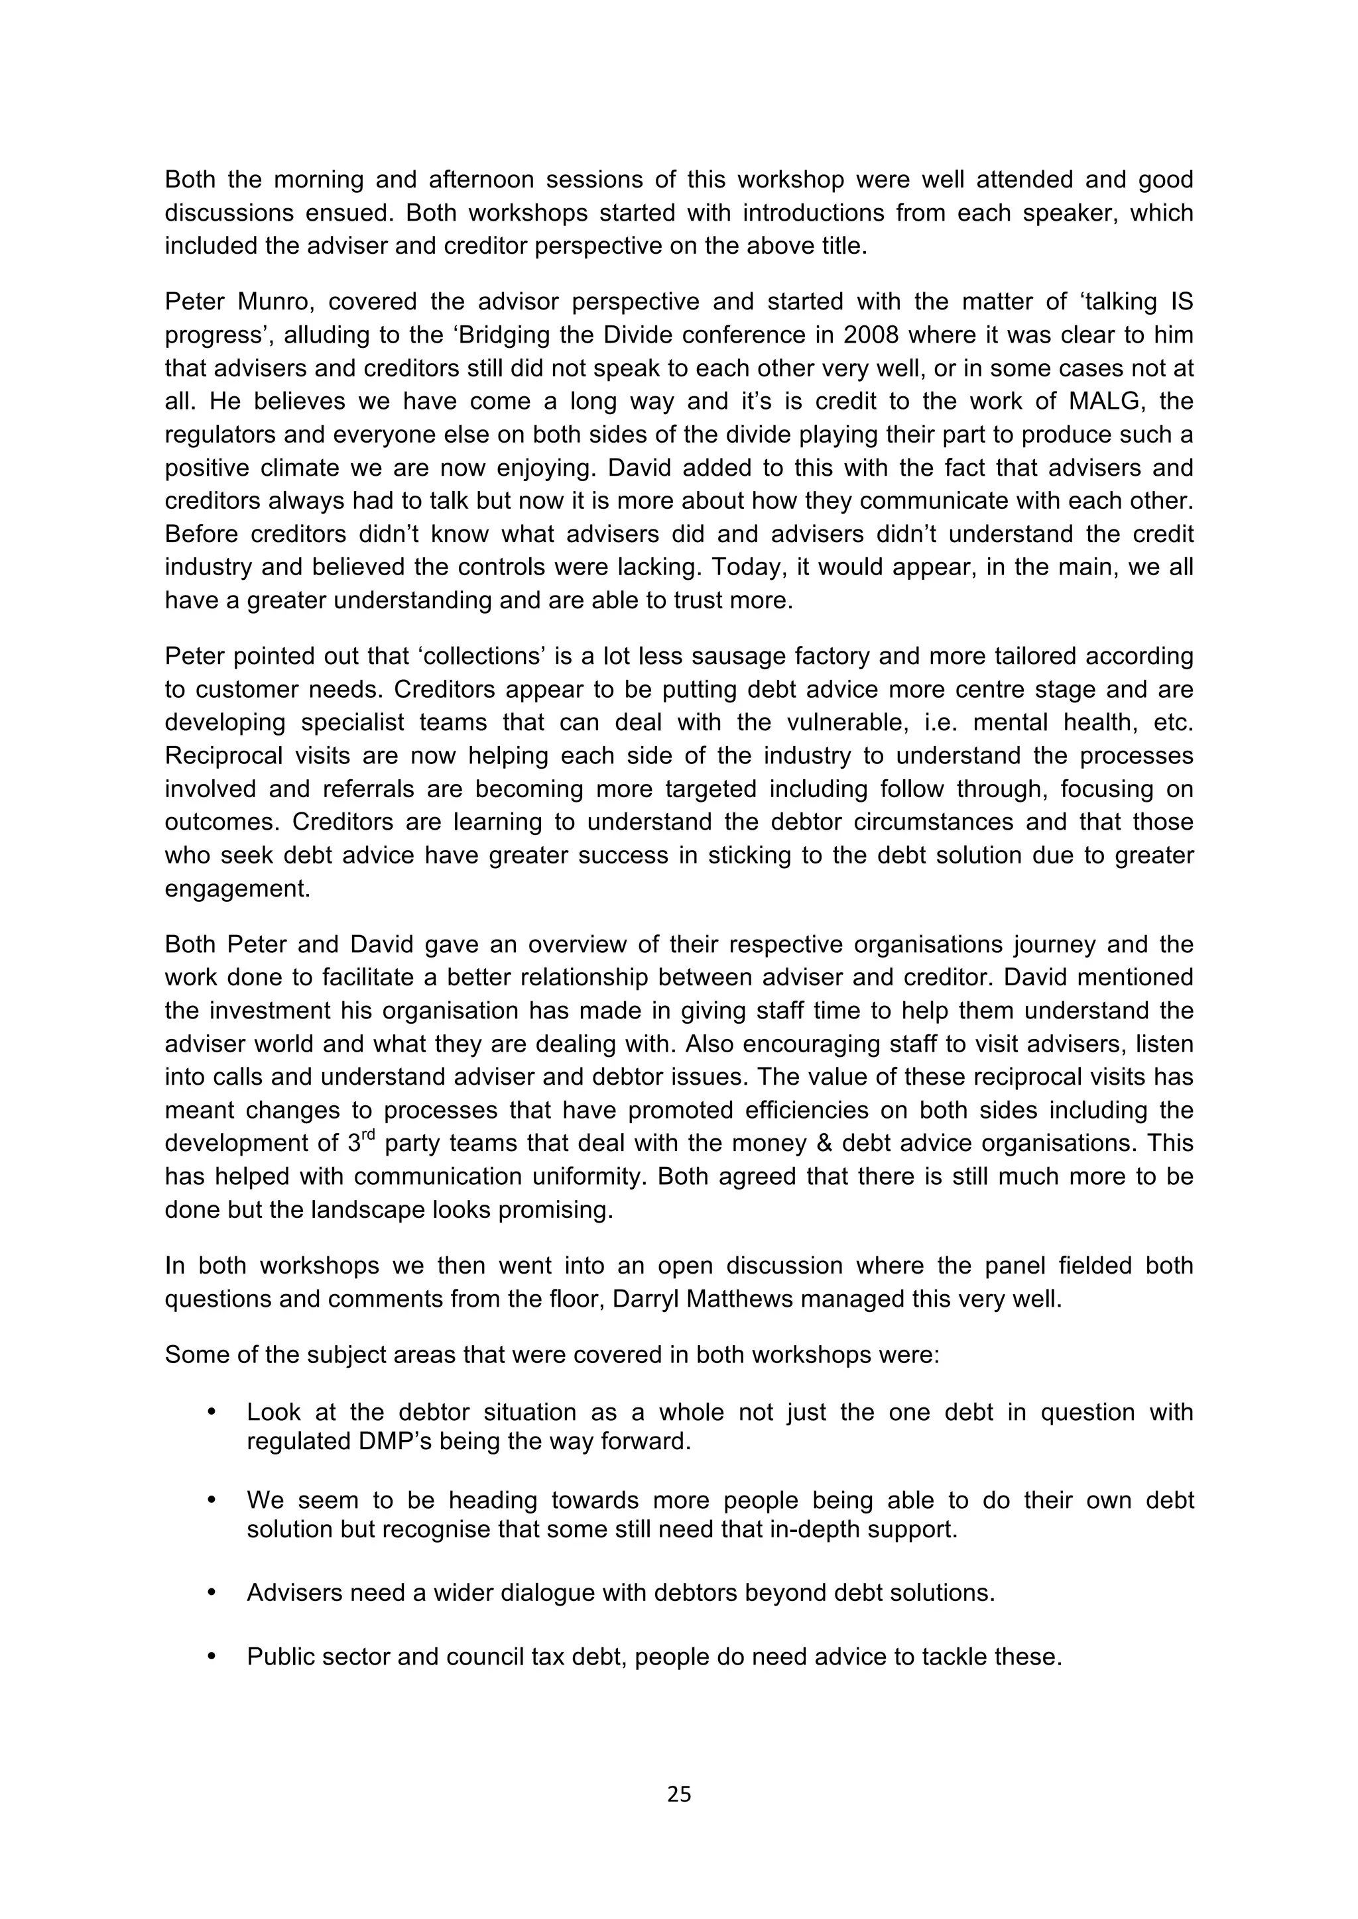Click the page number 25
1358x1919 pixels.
point(679,1794)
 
